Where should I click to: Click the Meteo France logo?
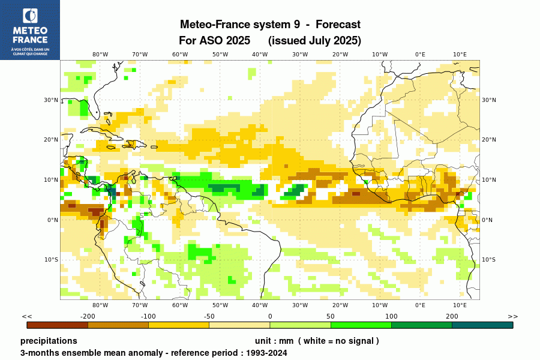coord(30,30)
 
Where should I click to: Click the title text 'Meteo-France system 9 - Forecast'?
coord(270,25)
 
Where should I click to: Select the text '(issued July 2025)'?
coord(314,41)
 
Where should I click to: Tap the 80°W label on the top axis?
coord(100,54)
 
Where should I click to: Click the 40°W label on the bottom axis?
coord(260,305)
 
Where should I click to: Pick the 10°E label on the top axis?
coord(460,54)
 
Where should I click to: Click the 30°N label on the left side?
coord(51,100)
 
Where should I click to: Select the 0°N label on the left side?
coord(52,220)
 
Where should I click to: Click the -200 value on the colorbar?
coord(88,316)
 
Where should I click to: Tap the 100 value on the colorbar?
coord(391,316)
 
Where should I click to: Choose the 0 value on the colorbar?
coord(270,316)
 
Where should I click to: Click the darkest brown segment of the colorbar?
coord(58,325)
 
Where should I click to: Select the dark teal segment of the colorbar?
coord(482,325)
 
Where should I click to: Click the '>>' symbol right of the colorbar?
coord(512,316)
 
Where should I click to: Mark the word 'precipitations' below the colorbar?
coord(49,341)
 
